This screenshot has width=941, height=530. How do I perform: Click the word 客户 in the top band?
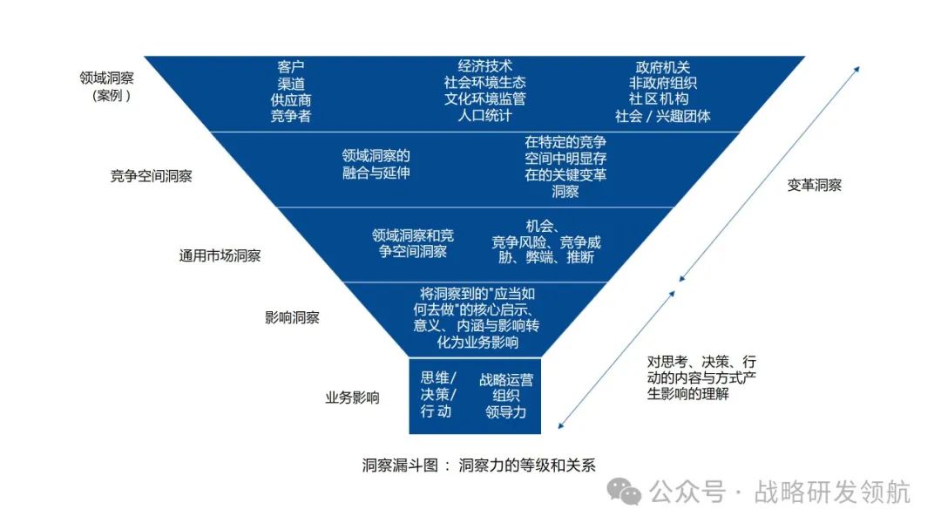[291, 66]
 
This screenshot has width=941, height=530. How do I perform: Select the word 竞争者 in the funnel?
[291, 116]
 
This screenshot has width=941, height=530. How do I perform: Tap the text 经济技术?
[485, 66]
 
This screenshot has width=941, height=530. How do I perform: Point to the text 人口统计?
[485, 116]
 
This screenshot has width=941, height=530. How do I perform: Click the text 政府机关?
[663, 67]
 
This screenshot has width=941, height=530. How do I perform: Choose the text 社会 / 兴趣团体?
[663, 116]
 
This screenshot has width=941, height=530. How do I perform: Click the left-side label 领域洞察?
[106, 78]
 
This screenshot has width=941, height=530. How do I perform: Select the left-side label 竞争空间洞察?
[151, 176]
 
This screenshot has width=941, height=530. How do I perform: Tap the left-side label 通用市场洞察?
[220, 256]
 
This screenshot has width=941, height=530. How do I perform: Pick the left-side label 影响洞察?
[292, 317]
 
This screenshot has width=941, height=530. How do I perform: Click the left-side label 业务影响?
[353, 398]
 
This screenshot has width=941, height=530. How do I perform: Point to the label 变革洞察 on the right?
[815, 186]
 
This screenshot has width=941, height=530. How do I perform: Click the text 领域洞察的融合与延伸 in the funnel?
[376, 164]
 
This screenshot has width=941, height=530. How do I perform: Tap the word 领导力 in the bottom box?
[506, 412]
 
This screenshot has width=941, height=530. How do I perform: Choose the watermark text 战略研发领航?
[833, 492]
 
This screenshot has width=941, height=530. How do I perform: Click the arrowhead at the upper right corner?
[857, 68]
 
